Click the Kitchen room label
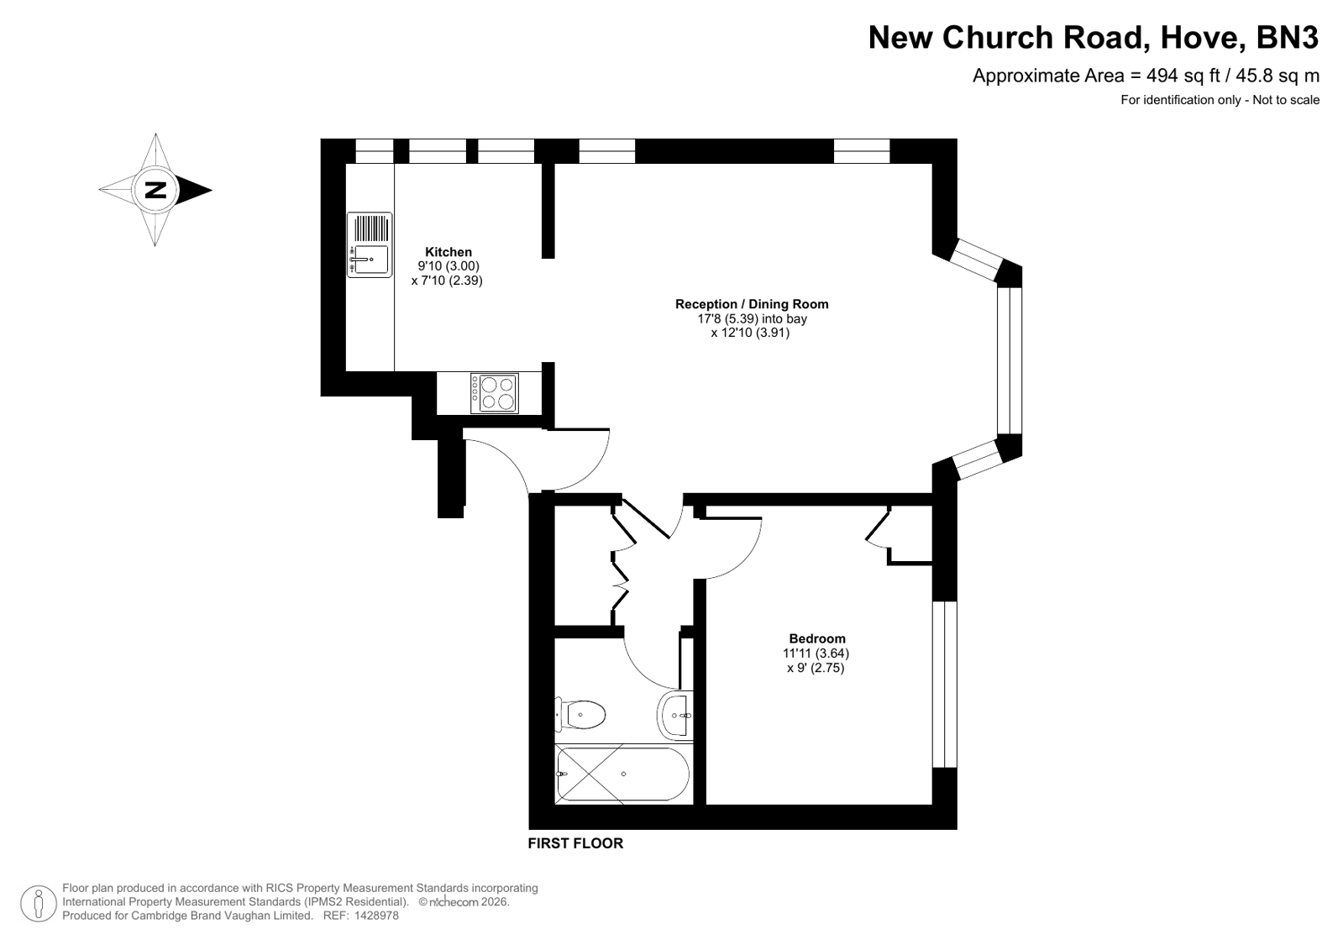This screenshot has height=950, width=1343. pos(449,252)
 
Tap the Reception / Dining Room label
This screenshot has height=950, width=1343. pos(752,304)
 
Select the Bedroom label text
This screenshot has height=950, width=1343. pos(817,638)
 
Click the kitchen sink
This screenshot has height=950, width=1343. pos(370,244)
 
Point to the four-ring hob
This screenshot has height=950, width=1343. pos(495,393)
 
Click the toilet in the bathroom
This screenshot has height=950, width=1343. pos(580,715)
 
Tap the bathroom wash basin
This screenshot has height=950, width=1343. pos(675,715)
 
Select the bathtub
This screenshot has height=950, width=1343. pos(623,774)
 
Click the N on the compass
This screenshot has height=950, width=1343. pos(155,190)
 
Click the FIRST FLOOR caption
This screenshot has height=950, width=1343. pos(575,843)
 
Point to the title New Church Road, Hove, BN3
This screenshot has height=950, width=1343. pos(1094,37)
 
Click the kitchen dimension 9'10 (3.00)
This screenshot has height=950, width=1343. pos(449,266)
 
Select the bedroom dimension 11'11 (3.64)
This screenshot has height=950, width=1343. pos(816,653)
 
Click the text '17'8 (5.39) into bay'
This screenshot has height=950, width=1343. pos(752,318)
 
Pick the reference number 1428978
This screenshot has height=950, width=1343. pos(376,916)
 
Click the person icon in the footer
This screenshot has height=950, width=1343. pos(39,903)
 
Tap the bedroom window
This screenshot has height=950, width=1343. pos(944,685)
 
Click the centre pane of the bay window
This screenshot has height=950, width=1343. pos(1010,360)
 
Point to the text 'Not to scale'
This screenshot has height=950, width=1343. pos(1285,100)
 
